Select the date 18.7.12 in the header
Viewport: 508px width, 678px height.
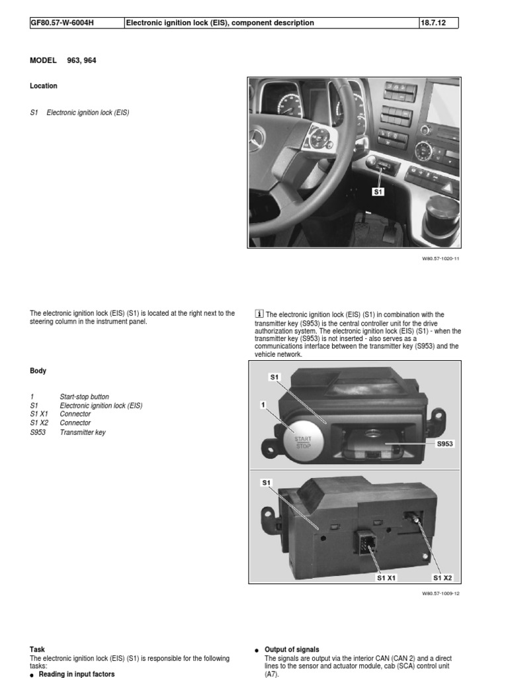click(432, 23)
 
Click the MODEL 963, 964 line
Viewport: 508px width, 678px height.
click(67, 60)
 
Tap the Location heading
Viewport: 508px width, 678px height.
click(44, 86)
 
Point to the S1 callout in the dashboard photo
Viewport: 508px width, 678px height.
click(378, 192)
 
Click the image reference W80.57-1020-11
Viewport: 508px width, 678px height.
click(440, 259)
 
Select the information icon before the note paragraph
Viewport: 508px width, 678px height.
click(259, 314)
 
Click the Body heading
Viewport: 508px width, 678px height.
click(38, 371)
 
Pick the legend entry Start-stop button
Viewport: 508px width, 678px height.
click(84, 397)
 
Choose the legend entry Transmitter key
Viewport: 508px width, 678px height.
click(82, 432)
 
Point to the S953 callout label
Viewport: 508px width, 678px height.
click(445, 444)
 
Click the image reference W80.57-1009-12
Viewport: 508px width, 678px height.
click(440, 593)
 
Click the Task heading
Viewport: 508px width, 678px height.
click(38, 650)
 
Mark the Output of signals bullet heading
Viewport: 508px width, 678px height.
click(292, 650)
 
